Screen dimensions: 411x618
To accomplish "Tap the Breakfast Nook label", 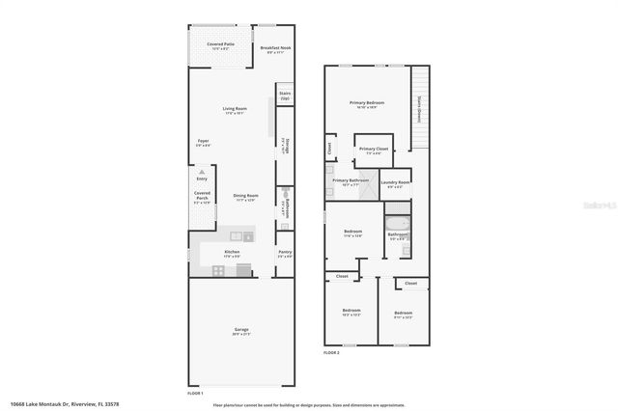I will coord(276,49).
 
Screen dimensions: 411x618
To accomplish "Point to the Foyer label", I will coord(204,143).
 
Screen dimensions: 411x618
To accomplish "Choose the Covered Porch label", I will coord(202,198).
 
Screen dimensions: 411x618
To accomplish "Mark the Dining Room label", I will coord(245,198).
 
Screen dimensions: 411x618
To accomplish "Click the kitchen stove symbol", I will coord(218,271).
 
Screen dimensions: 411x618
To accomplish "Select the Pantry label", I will coord(285,254).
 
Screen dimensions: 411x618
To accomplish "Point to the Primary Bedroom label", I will coord(367,104).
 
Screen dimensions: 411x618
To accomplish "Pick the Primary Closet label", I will coord(373,151).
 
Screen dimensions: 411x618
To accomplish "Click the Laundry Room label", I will coord(395,183).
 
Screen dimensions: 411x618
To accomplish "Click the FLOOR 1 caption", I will coord(196,394).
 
